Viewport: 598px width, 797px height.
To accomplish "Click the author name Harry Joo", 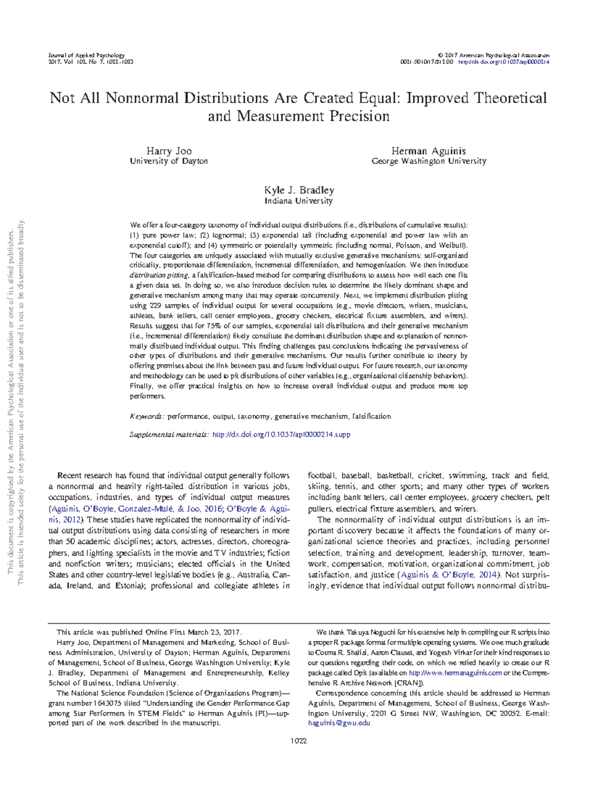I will pyautogui.click(x=169, y=151).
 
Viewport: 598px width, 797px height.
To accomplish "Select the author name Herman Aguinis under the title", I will pyautogui.click(x=429, y=151).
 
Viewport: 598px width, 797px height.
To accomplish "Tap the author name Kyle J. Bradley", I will pyautogui.click(x=299, y=190).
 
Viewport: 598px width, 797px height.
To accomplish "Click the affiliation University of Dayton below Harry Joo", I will pyautogui.click(x=169, y=161).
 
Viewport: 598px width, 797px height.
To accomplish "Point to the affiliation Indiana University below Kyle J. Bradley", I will pyautogui.click(x=299, y=201).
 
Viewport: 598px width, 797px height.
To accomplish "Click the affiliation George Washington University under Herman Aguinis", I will pyautogui.click(x=429, y=161).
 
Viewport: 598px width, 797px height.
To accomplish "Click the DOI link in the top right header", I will pyautogui.click(x=503, y=62).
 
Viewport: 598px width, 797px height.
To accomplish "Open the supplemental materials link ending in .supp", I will pyautogui.click(x=281, y=434).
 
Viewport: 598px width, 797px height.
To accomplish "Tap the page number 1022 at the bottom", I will pyautogui.click(x=299, y=741).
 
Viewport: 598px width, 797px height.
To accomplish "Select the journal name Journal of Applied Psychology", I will pyautogui.click(x=86, y=55).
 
